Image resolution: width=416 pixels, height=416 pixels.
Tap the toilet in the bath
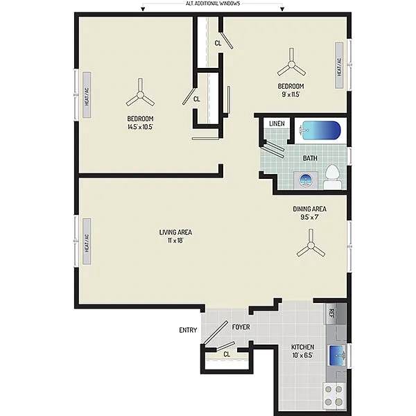click(x=332, y=177)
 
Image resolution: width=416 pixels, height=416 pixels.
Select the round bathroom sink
click(x=306, y=180)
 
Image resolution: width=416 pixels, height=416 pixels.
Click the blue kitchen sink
click(x=337, y=355)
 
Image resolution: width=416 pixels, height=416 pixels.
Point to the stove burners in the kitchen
click(x=333, y=395)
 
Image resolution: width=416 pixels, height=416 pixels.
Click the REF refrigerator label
click(x=331, y=314)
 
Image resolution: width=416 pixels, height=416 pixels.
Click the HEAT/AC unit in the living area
click(x=87, y=241)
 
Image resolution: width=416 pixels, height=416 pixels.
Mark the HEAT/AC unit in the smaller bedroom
click(x=339, y=65)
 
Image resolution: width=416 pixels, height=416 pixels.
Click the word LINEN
click(x=277, y=123)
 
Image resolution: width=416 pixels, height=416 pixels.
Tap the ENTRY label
click(x=188, y=330)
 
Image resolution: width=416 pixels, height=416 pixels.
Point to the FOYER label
click(x=241, y=327)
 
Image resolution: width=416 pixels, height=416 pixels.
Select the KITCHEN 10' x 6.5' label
click(x=303, y=351)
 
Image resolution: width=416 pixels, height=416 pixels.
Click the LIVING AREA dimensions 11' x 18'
click(x=175, y=241)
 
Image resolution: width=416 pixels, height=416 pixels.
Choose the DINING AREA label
click(x=310, y=209)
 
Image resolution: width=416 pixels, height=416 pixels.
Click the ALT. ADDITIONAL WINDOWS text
click(x=213, y=3)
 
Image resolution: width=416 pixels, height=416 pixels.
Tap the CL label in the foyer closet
click(x=227, y=354)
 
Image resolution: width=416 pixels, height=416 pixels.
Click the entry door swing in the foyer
click(x=216, y=332)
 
